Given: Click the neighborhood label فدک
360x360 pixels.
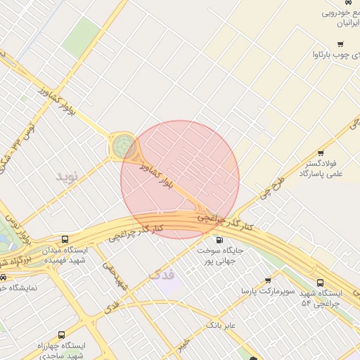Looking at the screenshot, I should click(161, 274).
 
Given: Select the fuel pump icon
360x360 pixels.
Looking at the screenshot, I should click(220, 240).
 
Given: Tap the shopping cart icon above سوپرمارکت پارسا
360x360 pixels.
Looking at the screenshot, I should click(268, 280).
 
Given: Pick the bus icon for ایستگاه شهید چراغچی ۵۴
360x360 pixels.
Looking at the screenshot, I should click(321, 282).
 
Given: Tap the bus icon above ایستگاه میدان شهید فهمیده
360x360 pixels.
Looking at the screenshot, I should click(65, 239).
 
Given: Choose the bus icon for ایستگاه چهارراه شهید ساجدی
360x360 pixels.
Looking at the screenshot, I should click(61, 335).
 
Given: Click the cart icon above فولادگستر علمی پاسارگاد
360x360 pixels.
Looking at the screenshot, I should click(321, 153).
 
